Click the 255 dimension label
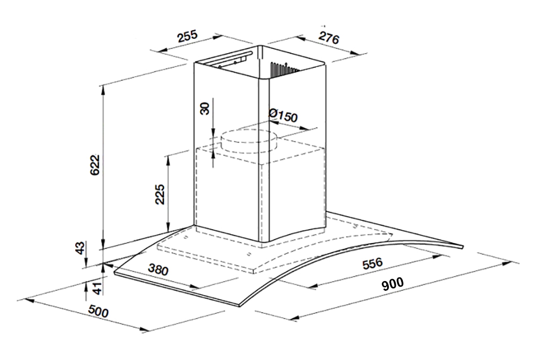tap(187, 36)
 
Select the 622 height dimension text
tap(95, 165)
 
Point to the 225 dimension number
tap(160, 194)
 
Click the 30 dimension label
tap(205, 108)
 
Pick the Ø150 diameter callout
tap(283, 115)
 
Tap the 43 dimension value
tap(79, 248)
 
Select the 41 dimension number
tap(98, 288)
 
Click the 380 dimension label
tap(158, 270)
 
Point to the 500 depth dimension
tap(98, 311)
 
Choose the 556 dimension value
tap(372, 263)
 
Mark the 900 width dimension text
tap(393, 284)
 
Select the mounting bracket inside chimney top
tap(230, 59)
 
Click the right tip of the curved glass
tap(463, 247)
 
